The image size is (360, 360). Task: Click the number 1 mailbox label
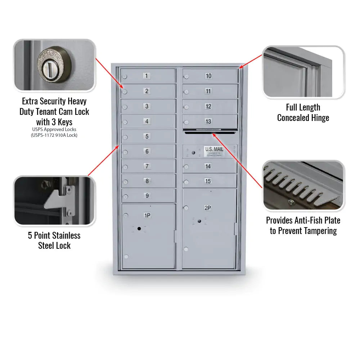coord(147,76)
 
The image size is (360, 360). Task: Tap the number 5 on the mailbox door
coord(147,136)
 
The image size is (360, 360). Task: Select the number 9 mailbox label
coord(147,196)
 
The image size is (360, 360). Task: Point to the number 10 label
coord(208,76)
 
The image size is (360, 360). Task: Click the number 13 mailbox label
coord(208,121)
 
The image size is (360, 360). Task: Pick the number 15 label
coord(208,181)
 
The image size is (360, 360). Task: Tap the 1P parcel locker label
coord(147,215)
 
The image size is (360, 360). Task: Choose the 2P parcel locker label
coord(208,208)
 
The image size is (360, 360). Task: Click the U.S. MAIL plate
coord(214,151)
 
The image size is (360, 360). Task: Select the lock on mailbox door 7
coord(125,167)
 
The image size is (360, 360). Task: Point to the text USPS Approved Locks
coord(54,129)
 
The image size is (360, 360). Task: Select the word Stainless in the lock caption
coord(66,236)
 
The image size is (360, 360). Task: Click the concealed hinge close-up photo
coord(303,72)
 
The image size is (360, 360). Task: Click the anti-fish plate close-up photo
coord(303,185)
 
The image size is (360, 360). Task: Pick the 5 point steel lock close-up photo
coord(54,201)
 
